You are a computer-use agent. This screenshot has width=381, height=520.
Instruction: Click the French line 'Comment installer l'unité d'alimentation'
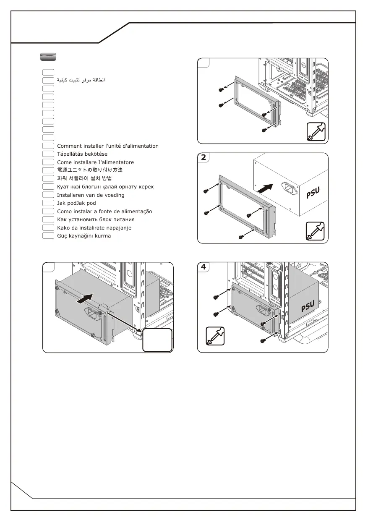(108, 146)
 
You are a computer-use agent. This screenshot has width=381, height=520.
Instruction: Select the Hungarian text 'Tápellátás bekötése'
(82, 154)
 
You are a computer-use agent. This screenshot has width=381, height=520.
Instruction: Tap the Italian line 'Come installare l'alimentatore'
(96, 162)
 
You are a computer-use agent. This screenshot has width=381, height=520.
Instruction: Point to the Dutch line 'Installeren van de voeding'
(91, 195)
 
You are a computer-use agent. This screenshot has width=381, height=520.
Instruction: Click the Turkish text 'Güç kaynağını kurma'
(84, 236)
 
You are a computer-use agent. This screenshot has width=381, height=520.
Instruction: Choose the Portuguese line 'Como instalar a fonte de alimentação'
(104, 212)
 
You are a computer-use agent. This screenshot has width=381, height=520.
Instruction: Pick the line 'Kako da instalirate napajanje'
(94, 228)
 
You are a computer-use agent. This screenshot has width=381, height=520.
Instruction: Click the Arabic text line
(81, 80)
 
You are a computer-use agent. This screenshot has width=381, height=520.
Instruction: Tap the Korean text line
(84, 178)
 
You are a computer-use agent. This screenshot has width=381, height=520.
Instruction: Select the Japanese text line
(90, 170)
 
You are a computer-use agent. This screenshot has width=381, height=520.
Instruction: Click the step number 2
(204, 158)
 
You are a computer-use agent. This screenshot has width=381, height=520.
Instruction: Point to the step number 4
(204, 267)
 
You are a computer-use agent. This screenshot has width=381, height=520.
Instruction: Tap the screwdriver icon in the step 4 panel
(215, 336)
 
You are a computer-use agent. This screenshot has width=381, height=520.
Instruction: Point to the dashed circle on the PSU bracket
(103, 308)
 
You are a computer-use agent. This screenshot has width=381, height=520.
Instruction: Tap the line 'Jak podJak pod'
(76, 203)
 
